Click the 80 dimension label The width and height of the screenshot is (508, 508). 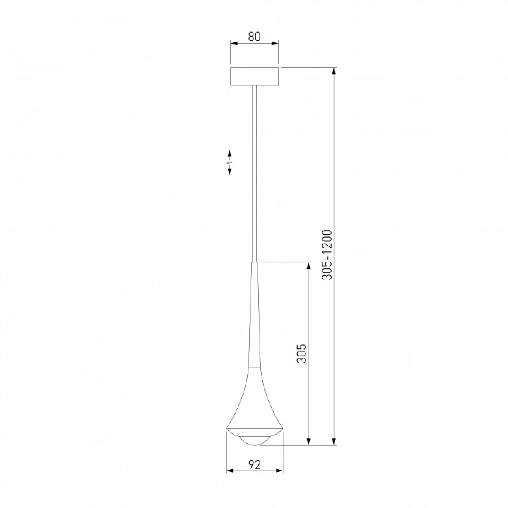click(254, 36)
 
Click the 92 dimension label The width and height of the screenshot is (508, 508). click(254, 465)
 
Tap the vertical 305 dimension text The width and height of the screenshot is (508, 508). click(301, 353)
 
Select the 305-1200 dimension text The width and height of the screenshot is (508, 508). click(327, 255)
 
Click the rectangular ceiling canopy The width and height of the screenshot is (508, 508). click(254, 76)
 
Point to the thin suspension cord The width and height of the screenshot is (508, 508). click(254, 174)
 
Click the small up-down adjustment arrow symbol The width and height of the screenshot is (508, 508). click(229, 162)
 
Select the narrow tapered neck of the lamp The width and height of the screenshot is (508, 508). click(254, 315)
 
